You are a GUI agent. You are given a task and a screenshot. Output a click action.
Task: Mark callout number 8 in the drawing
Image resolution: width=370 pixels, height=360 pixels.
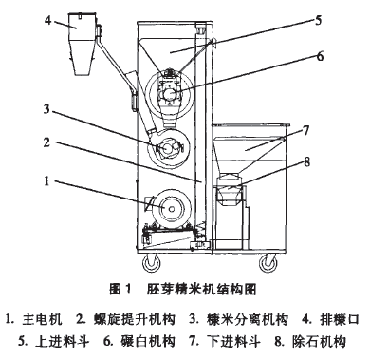coord(305,161)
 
